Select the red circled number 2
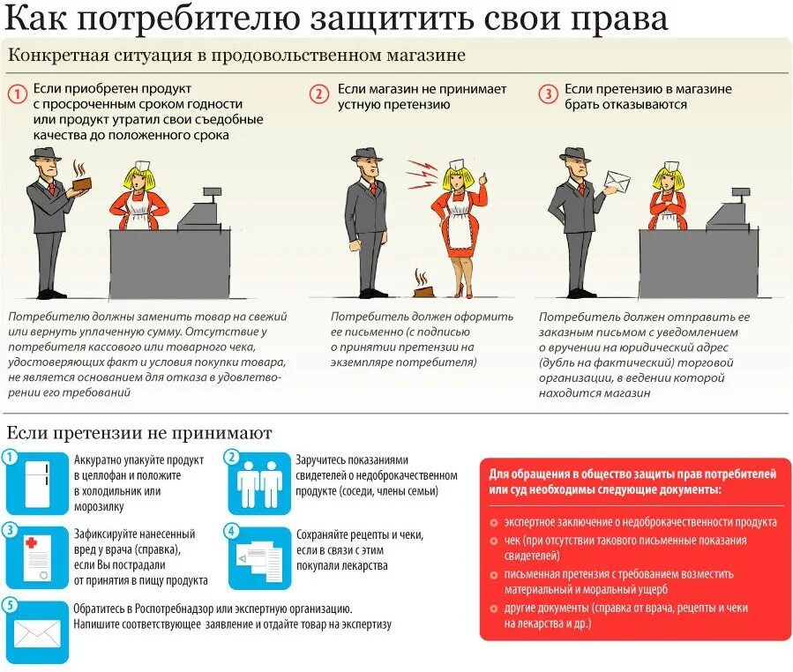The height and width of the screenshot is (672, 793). (x=319, y=93)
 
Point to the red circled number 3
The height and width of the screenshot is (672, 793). (x=549, y=93)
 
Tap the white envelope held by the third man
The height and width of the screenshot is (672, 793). (x=617, y=183)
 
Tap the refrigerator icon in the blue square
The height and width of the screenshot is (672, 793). (x=37, y=483)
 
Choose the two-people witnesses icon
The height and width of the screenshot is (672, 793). (x=260, y=483)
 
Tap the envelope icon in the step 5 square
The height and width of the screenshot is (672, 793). (x=37, y=632)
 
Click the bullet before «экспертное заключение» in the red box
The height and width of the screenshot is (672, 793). (x=495, y=522)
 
